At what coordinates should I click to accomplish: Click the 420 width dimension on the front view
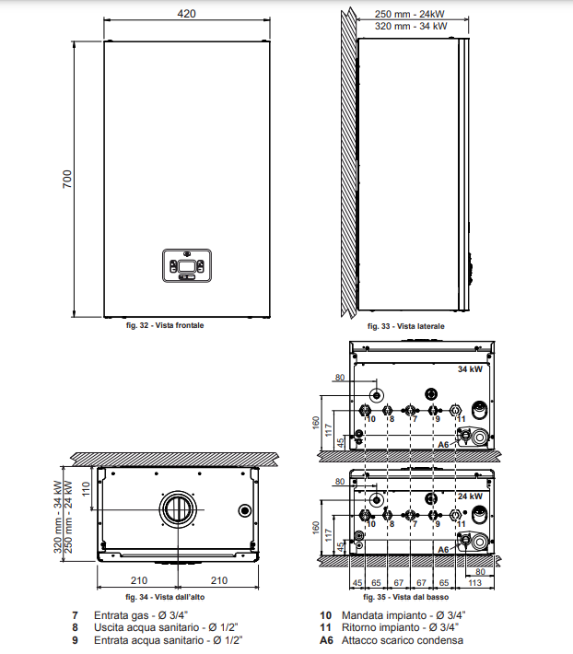[x=186, y=14]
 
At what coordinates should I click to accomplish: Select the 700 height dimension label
[x=67, y=179]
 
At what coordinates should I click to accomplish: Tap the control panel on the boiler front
[x=187, y=265]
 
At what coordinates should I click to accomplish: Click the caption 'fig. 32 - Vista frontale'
[x=165, y=325]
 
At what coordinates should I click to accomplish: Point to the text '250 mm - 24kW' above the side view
[x=410, y=14]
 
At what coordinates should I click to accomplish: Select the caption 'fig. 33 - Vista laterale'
[x=405, y=326]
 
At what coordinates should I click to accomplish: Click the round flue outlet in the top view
[x=178, y=509]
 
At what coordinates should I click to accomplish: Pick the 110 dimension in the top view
[x=86, y=488]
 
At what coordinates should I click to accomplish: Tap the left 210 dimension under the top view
[x=139, y=580]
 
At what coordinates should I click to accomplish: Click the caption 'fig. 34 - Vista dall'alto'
[x=165, y=597]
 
